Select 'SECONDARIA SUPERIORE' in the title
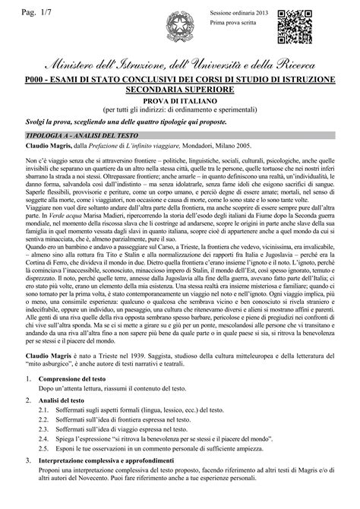click(x=180, y=89)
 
